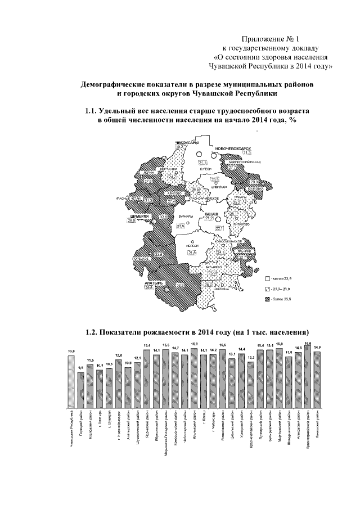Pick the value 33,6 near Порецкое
click(x=159, y=255)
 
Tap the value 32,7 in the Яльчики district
click(x=244, y=256)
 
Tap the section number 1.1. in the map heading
click(x=92, y=112)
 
